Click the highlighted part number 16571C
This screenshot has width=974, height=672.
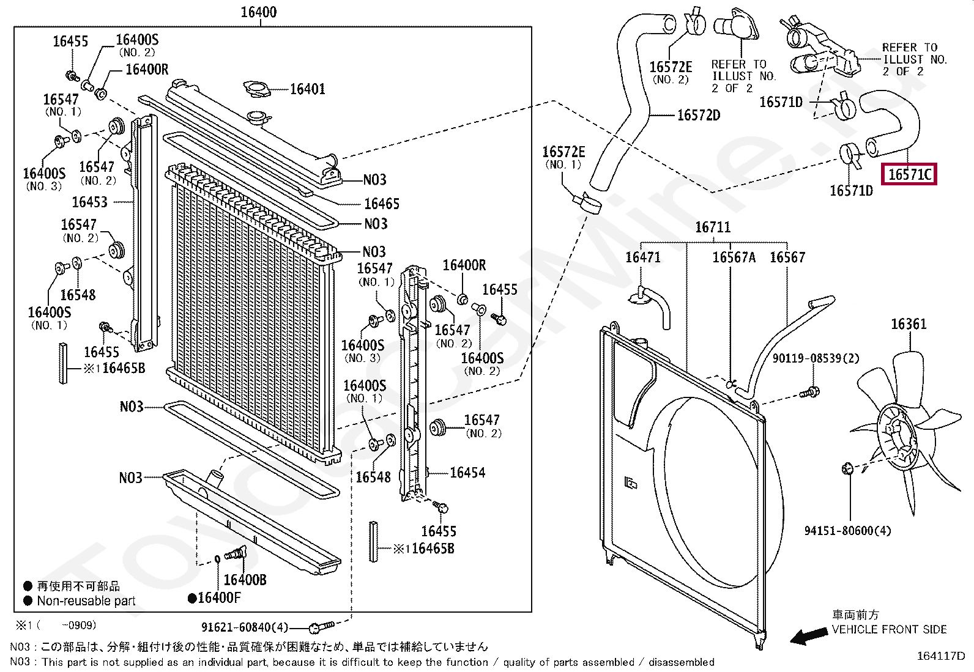tap(909, 174)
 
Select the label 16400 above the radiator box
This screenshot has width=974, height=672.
tap(259, 12)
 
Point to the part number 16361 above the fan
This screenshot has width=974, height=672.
tap(909, 324)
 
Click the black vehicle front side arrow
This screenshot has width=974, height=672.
tap(809, 636)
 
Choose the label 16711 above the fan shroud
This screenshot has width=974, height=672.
tap(713, 227)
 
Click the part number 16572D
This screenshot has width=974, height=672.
tap(699, 115)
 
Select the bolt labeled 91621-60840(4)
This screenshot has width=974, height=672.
tap(322, 626)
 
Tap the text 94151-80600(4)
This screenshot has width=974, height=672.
tap(847, 530)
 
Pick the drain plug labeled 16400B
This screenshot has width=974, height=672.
tap(235, 553)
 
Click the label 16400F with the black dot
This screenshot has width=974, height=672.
tap(214, 598)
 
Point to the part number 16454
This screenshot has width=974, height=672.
tap(467, 473)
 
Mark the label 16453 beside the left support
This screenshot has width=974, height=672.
tap(89, 202)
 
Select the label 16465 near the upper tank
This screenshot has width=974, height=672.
tap(381, 204)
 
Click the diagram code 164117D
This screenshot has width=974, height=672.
tap(941, 655)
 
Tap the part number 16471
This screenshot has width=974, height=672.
tap(642, 257)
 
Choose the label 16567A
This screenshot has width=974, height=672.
tap(734, 257)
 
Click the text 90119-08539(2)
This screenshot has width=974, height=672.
tap(816, 358)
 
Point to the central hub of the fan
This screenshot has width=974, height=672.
tap(896, 437)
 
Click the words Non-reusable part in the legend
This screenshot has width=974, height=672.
tap(86, 600)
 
